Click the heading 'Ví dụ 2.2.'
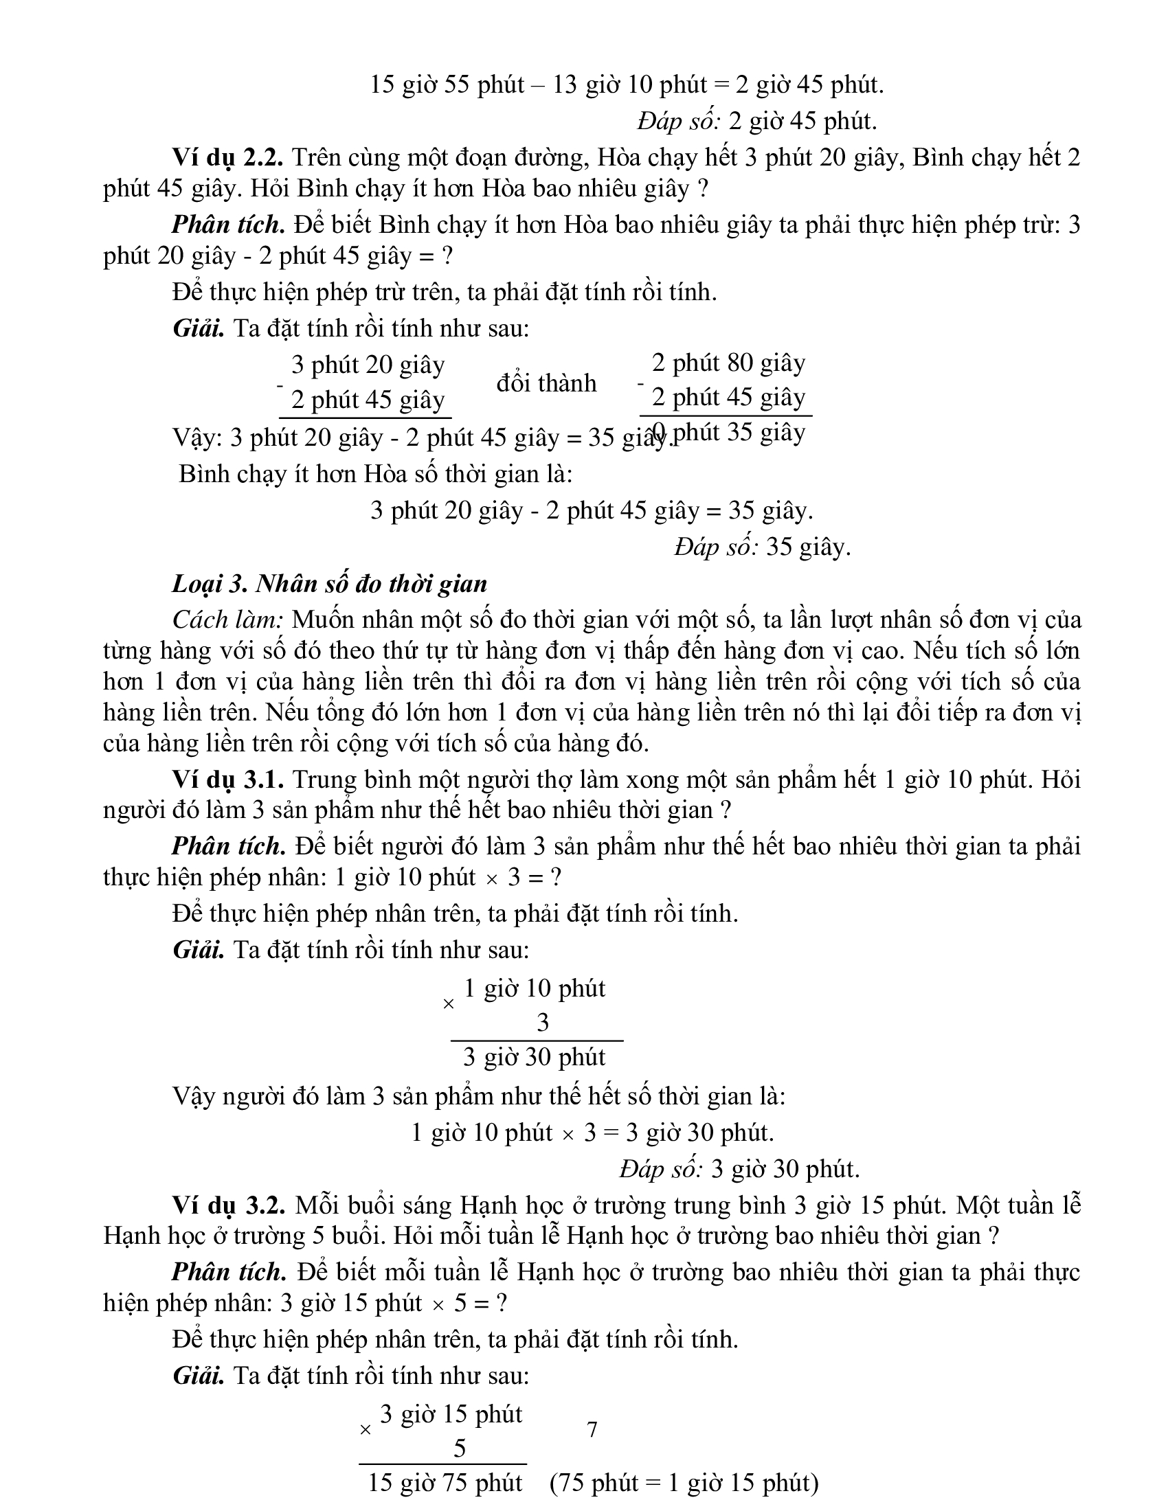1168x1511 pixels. click(x=227, y=158)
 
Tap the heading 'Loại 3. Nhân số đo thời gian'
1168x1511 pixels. click(x=329, y=584)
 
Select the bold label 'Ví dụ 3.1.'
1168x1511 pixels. click(x=227, y=779)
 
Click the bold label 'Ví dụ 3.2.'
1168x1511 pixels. click(x=228, y=1205)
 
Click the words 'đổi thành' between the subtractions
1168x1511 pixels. click(x=546, y=383)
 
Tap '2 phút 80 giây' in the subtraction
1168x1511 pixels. click(x=728, y=362)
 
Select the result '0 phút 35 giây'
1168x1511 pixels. click(x=728, y=433)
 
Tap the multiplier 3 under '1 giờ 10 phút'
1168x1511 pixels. click(x=543, y=1022)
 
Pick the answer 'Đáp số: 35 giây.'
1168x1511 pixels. click(x=763, y=547)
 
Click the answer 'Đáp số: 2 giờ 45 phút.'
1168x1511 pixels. click(x=757, y=121)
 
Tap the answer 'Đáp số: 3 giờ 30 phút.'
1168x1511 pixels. click(x=739, y=1168)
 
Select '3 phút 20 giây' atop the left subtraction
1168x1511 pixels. click(x=368, y=364)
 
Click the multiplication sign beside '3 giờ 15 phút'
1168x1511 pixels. click(x=366, y=1429)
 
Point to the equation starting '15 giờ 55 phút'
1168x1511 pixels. click(x=627, y=84)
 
